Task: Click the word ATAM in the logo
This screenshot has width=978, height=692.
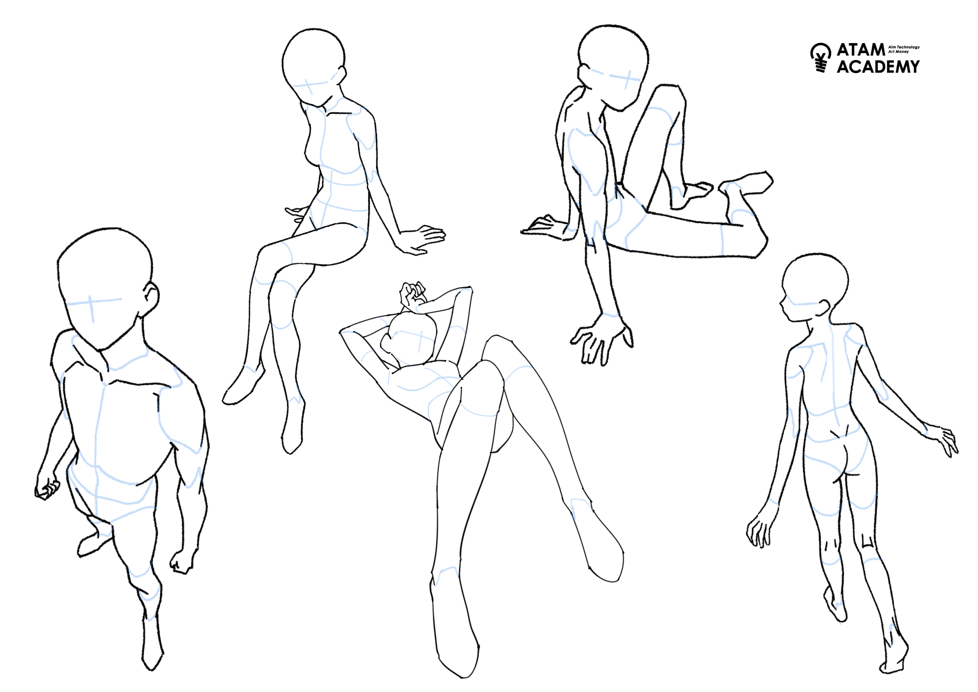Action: point(861,50)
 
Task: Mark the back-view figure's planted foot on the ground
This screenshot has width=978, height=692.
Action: point(895,654)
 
